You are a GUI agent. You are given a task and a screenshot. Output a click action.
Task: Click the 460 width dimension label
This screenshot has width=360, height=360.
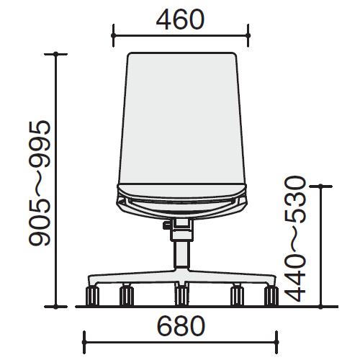tap(180, 19)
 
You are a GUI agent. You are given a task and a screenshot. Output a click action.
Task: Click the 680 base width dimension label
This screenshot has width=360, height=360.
tap(181, 326)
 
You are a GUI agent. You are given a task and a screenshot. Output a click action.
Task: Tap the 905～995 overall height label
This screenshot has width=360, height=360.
tap(40, 183)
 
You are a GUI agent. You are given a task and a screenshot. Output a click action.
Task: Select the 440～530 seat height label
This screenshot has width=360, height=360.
tap(295, 239)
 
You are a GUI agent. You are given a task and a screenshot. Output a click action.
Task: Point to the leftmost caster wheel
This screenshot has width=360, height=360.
tap(92, 296)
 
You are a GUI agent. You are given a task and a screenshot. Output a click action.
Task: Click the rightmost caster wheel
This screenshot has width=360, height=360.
tap(271, 296)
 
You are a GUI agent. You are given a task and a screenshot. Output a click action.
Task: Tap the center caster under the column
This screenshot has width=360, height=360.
tap(181, 296)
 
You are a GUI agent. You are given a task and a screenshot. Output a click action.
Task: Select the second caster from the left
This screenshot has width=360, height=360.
tap(127, 296)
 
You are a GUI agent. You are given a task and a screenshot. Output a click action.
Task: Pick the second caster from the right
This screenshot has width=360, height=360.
tap(237, 296)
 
